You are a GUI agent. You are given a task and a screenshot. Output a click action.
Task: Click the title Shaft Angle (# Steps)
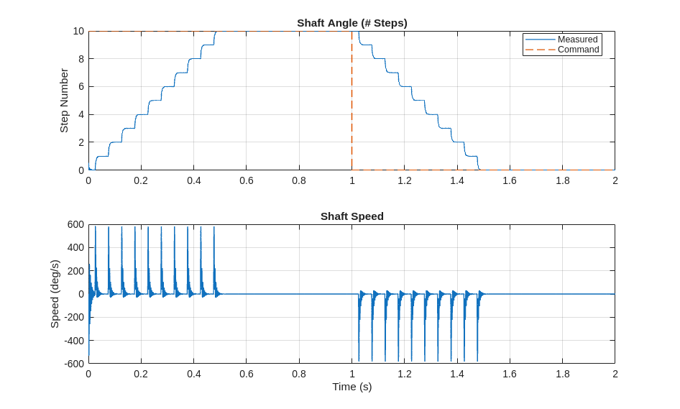(352, 23)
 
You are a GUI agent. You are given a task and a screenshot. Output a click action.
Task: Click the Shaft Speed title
(352, 216)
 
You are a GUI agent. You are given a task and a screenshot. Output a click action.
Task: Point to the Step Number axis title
(64, 101)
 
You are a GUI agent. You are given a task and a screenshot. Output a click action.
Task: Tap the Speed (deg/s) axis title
(55, 294)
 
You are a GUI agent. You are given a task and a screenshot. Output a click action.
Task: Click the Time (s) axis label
(352, 387)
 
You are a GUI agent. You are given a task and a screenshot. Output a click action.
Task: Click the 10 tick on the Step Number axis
(78, 31)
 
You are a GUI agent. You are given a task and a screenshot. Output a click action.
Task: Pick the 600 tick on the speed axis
(76, 224)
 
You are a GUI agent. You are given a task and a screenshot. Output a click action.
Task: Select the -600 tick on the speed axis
(75, 364)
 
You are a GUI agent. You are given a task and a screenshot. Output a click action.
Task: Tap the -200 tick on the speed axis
(75, 317)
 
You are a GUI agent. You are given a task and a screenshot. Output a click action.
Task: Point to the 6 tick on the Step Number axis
(81, 86)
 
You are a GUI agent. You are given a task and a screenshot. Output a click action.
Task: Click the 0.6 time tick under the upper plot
(247, 180)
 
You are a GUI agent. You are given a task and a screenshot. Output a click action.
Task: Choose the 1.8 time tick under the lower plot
(563, 374)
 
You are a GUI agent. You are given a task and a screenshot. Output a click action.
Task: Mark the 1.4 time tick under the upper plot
(457, 180)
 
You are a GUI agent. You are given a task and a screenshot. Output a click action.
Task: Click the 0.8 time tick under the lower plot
(299, 374)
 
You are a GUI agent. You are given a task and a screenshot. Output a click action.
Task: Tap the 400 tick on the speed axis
(76, 247)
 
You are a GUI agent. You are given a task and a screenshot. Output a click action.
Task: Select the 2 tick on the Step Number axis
(81, 142)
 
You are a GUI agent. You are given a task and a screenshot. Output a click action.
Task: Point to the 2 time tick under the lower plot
(615, 374)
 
